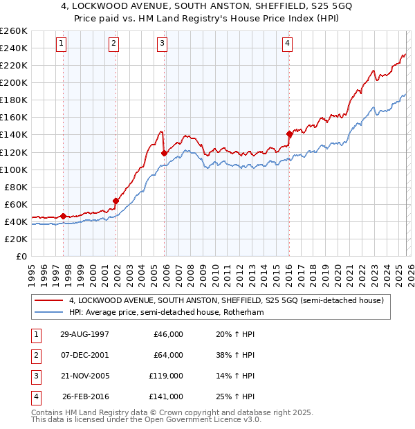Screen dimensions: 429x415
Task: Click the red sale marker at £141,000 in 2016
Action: pos(289,134)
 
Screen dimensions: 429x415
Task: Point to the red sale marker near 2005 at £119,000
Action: pos(164,153)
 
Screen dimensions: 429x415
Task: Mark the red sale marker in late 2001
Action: pos(116,201)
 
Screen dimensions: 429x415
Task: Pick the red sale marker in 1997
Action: pos(64,217)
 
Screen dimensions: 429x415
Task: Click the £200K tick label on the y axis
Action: pos(14,82)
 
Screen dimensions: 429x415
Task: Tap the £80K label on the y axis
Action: pos(16,187)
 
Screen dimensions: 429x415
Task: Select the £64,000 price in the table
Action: pos(168,356)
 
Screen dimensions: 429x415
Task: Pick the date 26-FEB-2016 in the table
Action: pos(85,397)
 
